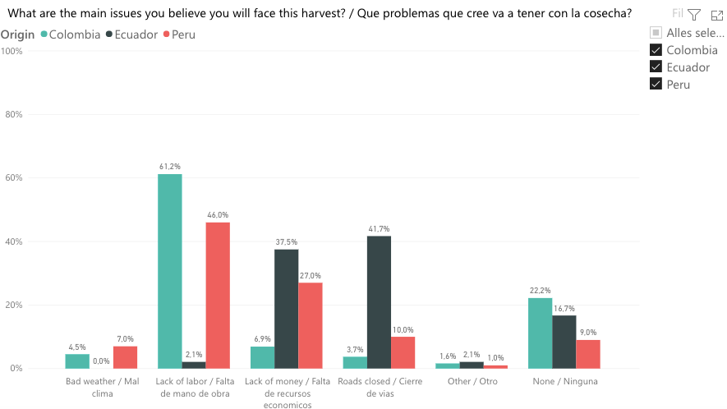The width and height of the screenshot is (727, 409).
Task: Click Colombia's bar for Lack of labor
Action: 169,271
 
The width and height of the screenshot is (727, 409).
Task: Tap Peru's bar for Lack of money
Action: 311,325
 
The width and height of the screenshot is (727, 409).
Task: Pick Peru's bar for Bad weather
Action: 125,357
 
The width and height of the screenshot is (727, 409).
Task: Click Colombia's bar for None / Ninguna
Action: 540,333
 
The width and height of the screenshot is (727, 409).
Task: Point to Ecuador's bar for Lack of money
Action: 286,308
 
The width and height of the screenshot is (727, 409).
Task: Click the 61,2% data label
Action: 169,167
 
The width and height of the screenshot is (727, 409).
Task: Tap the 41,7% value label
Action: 379,229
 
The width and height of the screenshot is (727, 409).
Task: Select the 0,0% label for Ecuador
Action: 101,361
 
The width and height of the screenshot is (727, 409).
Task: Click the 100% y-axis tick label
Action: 12,51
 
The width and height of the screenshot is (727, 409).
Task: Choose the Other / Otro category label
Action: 471,382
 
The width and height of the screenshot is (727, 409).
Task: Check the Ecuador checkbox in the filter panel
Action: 656,67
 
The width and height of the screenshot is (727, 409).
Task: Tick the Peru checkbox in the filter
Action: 656,85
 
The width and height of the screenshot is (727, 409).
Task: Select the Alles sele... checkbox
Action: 656,33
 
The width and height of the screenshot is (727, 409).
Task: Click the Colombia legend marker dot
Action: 44,34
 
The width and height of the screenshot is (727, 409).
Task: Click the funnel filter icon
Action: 694,15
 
